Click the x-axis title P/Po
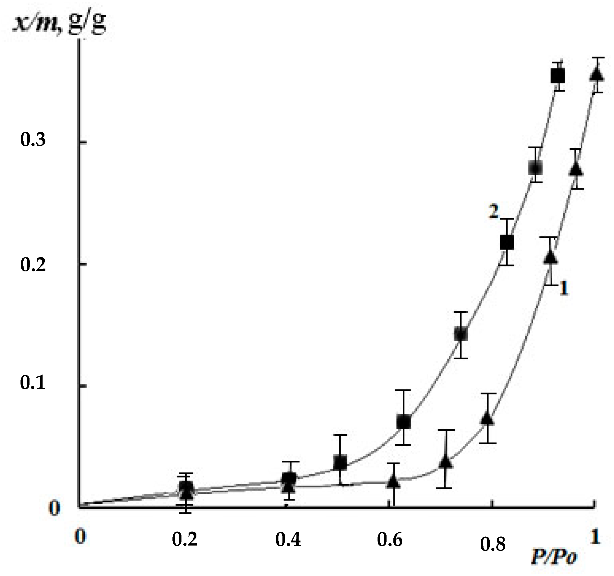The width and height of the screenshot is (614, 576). [553, 556]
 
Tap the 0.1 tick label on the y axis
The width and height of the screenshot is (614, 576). [33, 383]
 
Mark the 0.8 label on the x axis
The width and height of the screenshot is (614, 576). [493, 544]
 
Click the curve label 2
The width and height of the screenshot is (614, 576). [493, 212]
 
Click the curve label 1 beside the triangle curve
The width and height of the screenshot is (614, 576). [564, 288]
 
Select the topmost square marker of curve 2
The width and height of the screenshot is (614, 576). [557, 76]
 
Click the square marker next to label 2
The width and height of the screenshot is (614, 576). [507, 242]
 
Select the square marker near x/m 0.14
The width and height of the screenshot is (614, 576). [460, 334]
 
